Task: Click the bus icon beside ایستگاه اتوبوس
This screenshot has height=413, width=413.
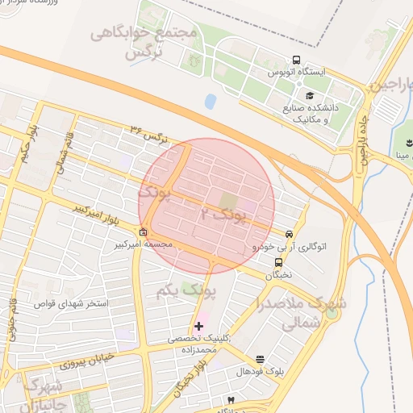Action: [x=297, y=60]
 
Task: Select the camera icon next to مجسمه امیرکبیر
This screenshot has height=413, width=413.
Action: [x=143, y=233]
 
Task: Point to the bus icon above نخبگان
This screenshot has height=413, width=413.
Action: [x=278, y=261]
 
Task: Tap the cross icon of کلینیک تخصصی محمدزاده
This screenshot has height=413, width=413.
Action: [x=199, y=326]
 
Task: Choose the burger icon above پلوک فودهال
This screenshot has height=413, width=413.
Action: [x=260, y=359]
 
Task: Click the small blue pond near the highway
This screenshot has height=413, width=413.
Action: [x=211, y=102]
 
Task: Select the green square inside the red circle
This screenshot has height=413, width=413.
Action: [x=230, y=198]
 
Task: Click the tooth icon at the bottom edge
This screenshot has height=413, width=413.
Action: [x=231, y=401]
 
